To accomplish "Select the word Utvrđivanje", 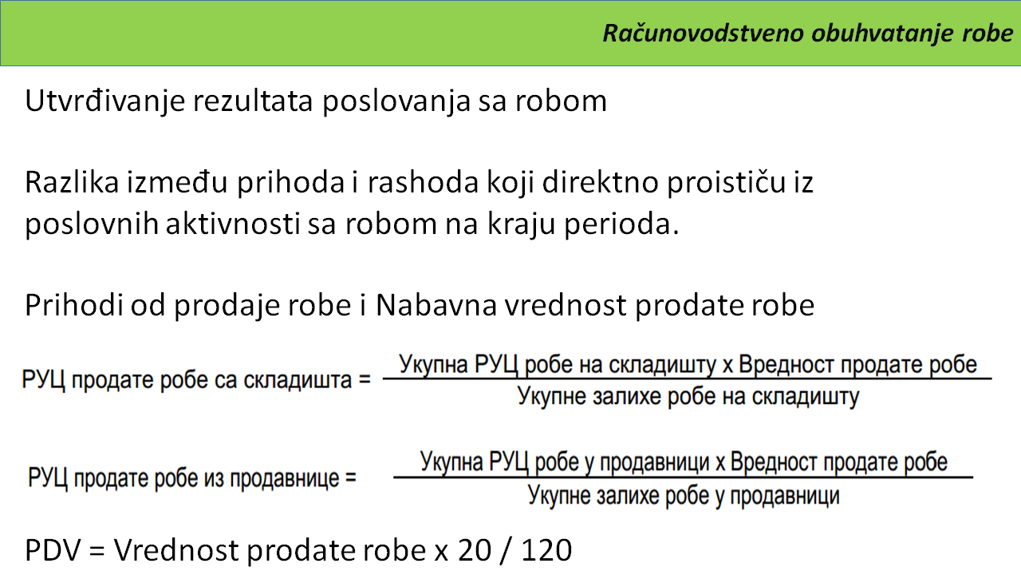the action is click(x=104, y=101).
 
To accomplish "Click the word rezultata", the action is click(x=253, y=101).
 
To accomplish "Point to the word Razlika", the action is click(x=72, y=182).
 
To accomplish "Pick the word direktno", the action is click(x=601, y=182).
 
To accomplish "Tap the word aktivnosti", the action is click(x=232, y=224).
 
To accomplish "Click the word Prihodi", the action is click(x=74, y=305).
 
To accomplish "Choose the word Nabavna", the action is click(x=436, y=305).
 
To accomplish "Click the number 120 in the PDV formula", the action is click(x=546, y=550).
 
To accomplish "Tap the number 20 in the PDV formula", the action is click(x=475, y=550).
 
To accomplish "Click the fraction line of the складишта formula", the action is click(x=688, y=379).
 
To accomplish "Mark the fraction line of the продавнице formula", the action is click(x=684, y=478).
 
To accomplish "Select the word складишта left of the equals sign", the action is click(x=298, y=380).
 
